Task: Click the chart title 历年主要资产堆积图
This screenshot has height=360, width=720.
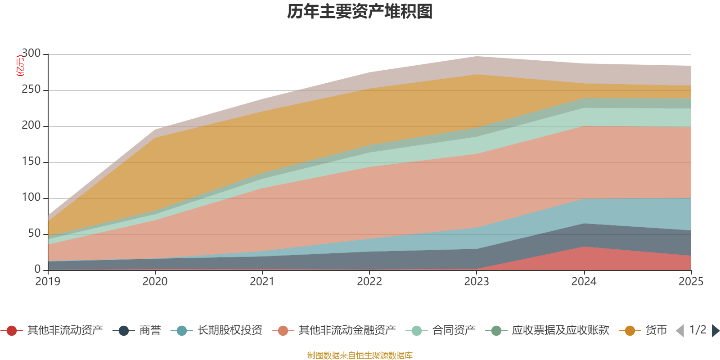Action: click(360, 12)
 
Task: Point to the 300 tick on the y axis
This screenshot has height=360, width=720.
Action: click(31, 54)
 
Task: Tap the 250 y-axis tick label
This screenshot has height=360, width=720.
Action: click(31, 90)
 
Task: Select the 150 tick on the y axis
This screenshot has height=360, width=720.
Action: click(31, 162)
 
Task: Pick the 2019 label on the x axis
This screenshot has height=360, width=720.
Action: click(48, 282)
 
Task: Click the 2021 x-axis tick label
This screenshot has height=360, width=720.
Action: click(262, 282)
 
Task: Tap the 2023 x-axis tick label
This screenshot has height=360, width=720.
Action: click(477, 282)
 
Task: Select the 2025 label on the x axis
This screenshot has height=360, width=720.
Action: click(691, 282)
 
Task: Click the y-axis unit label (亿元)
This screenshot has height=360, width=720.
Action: click(20, 66)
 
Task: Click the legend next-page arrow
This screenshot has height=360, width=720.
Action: click(715, 331)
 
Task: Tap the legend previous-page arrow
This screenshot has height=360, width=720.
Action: click(680, 331)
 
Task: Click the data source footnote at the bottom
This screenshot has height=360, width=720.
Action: click(360, 355)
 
